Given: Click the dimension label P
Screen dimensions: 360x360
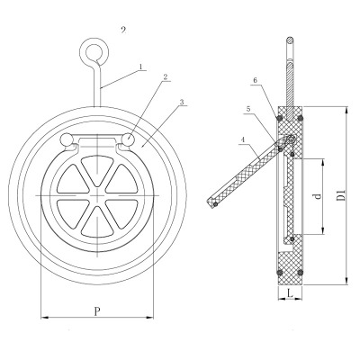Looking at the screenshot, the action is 96,311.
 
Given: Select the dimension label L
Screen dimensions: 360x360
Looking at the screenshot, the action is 290,293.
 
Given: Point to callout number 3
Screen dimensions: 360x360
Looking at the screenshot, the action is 182,102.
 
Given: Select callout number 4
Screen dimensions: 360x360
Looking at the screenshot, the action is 243,140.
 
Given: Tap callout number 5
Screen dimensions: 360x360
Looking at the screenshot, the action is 248,110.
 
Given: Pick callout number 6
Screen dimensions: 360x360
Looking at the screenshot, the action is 255,80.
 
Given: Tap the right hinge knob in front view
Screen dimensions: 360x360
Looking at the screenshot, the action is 129,139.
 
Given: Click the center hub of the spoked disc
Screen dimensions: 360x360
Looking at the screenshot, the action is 97,195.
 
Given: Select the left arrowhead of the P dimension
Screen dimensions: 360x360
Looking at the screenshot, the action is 44,317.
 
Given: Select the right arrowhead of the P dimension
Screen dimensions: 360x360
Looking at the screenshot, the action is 149,317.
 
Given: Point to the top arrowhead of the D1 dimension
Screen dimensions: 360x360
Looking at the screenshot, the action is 346,110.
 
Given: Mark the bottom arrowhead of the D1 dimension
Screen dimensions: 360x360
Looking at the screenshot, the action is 346,280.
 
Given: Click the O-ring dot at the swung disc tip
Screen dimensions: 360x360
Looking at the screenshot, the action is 215,204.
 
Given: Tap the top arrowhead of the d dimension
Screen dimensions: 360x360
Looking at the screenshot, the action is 323,163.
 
